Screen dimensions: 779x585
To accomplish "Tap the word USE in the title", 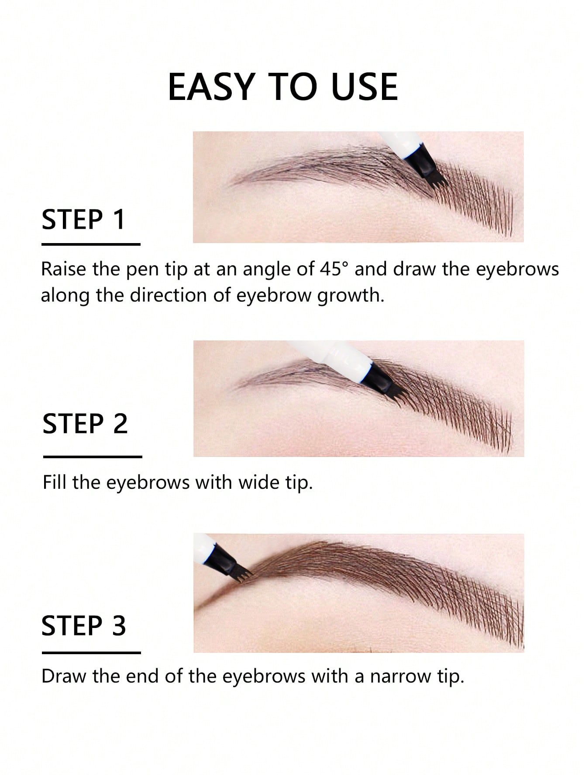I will [x=364, y=87].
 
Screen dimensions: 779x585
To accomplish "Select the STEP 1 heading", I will [x=83, y=220].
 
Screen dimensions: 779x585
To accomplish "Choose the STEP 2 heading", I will [x=85, y=424].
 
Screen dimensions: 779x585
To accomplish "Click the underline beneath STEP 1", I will [x=91, y=244].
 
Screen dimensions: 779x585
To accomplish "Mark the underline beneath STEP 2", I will [x=93, y=457].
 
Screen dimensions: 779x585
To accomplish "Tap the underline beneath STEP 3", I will [x=91, y=653].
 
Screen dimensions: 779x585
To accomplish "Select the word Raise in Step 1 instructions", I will [x=63, y=269].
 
